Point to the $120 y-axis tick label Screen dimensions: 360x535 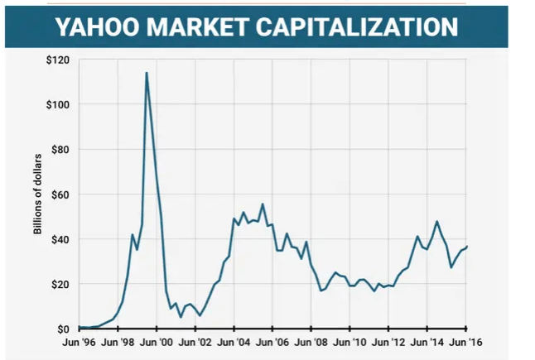tap(59, 60)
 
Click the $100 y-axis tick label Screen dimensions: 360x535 tap(59, 105)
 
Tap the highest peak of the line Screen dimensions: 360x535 tap(147, 73)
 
